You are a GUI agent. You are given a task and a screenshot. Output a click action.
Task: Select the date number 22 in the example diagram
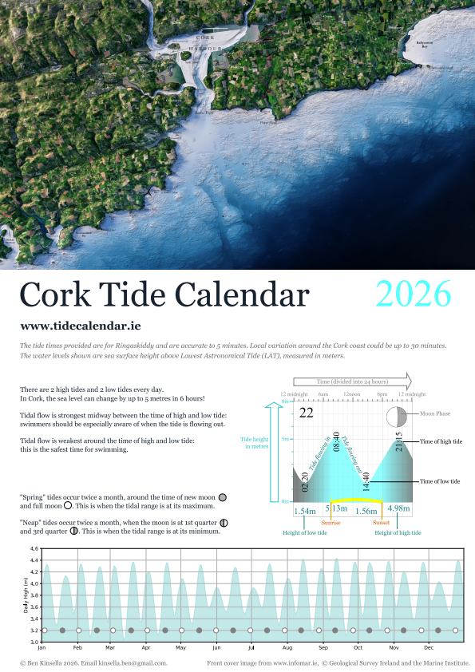coord(306,413)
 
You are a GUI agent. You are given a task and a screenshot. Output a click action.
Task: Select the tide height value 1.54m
coord(305,510)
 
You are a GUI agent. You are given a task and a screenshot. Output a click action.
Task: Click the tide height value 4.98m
coord(398,509)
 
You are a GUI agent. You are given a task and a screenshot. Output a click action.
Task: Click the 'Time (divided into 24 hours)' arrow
coord(352,380)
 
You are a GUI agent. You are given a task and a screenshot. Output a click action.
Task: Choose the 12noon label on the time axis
coord(351,394)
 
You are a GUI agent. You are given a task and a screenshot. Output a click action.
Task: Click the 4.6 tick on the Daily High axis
coord(34,549)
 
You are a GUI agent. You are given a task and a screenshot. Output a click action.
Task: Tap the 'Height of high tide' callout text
coord(398,532)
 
